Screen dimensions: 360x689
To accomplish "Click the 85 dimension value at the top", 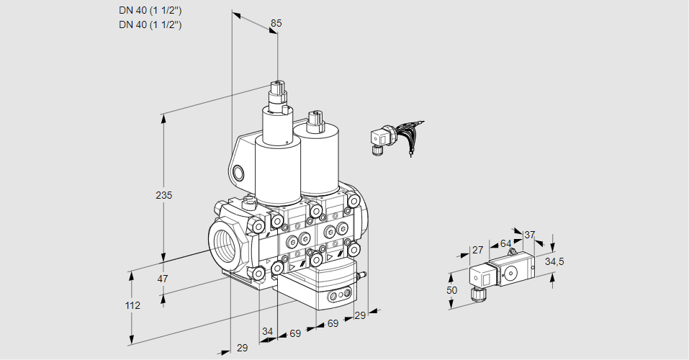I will [x=276, y=23].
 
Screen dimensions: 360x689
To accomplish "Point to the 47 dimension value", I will [x=163, y=279].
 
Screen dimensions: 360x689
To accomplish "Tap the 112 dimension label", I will [x=132, y=305].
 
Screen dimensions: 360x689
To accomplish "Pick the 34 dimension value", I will [x=268, y=331].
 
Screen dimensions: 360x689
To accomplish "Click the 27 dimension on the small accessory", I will [x=477, y=250].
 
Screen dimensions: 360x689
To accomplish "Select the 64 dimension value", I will [x=505, y=243].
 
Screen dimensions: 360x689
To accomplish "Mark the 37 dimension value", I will [x=529, y=235].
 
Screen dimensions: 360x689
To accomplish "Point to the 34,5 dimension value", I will [x=554, y=261].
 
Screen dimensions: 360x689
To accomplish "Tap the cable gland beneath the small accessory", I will [x=476, y=294].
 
